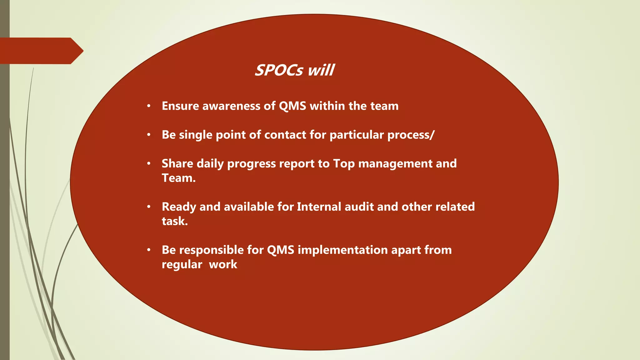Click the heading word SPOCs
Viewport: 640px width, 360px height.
click(x=279, y=70)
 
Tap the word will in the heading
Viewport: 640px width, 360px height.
click(x=321, y=70)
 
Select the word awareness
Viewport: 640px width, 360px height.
click(x=231, y=106)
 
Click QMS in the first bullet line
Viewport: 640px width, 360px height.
click(x=292, y=106)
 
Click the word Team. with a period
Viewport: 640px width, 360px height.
click(x=178, y=178)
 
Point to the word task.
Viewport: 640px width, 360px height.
click(x=175, y=221)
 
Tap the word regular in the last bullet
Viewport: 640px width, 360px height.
click(x=182, y=264)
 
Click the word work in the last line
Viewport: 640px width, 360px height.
click(x=223, y=264)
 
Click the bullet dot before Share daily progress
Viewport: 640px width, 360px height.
click(x=149, y=163)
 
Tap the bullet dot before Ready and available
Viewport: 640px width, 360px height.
click(x=149, y=207)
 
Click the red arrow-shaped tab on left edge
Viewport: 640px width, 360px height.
click(x=41, y=51)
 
